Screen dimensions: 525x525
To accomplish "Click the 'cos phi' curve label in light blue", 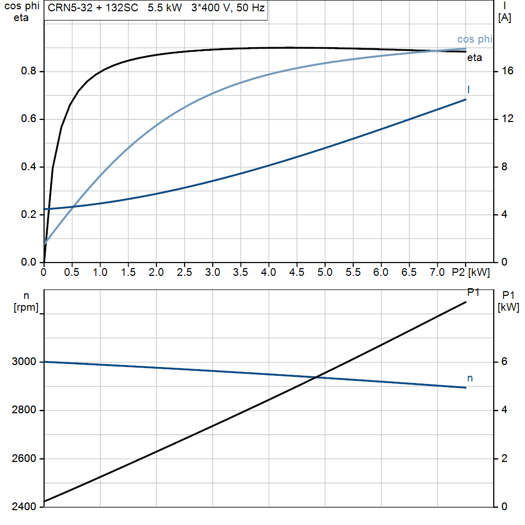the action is coord(475,39).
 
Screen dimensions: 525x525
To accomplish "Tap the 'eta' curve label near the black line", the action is coord(474,57).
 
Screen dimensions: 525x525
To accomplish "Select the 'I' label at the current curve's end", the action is coord(469,89).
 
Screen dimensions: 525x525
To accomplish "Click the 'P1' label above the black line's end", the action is coord(473,292).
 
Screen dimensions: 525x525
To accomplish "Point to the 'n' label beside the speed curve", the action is coord(470,378).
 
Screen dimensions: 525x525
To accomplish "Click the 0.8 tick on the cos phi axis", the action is coord(29,71).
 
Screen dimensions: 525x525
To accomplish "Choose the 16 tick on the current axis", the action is coord(508,71).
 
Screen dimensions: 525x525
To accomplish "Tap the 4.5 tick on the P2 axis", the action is coord(297,272).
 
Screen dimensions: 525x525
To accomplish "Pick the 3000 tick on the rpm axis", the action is coord(24,361).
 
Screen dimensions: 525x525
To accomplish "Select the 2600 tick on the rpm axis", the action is coord(24,458).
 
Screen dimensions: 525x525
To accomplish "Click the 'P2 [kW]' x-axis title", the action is coord(471,272).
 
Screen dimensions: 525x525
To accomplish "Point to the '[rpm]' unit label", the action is coord(26,308).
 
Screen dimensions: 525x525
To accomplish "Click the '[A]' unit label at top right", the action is coord(504,18).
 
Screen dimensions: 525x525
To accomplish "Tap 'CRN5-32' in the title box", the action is coord(70,8).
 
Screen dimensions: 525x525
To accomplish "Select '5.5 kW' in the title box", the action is coord(165,8).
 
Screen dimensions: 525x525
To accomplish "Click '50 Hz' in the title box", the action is coord(250,8).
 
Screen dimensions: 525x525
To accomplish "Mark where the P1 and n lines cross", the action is coord(316,377).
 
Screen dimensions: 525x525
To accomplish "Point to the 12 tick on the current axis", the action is coord(508,118).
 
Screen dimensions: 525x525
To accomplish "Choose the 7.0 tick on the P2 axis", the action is coord(437,272).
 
